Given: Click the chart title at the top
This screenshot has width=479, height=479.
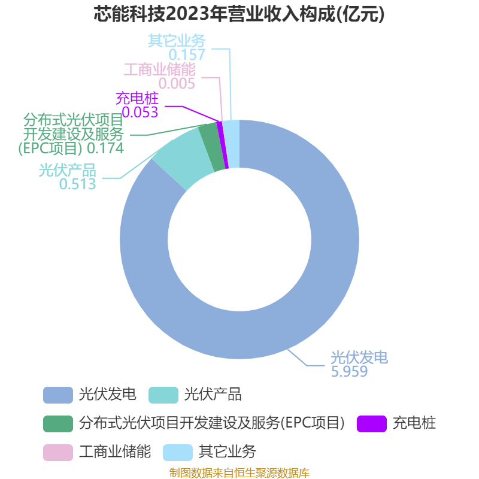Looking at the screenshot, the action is pos(239,14).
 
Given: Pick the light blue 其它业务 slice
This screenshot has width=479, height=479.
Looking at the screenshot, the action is pos(233,144).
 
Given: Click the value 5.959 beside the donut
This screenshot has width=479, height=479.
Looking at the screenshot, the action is pos(349,371).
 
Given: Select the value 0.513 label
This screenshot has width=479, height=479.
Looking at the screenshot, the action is pos(78,184).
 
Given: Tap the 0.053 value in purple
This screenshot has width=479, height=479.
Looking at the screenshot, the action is pos(140,113).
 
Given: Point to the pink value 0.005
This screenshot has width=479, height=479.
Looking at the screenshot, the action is pos(177,84).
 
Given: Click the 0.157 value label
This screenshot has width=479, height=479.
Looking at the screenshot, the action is pos(187,55).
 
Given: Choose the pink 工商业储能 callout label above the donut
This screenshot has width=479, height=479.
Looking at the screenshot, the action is pos(159,69).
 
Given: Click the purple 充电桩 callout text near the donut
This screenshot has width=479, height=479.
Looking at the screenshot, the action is pos(137,98).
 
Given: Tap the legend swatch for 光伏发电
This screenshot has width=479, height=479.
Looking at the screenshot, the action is pos(58,395).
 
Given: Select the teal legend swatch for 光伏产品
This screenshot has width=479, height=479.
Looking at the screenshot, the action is pos(163,395).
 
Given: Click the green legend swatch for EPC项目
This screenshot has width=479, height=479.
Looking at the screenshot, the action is pos(58,424).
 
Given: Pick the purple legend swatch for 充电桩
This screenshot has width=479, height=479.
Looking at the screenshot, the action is pos(372,424).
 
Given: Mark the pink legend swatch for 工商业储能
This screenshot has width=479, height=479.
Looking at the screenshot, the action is pos(58,453).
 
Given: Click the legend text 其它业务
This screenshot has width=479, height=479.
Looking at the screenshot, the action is pos(228,452).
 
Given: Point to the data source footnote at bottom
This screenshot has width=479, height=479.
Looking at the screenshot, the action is pos(239,472).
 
